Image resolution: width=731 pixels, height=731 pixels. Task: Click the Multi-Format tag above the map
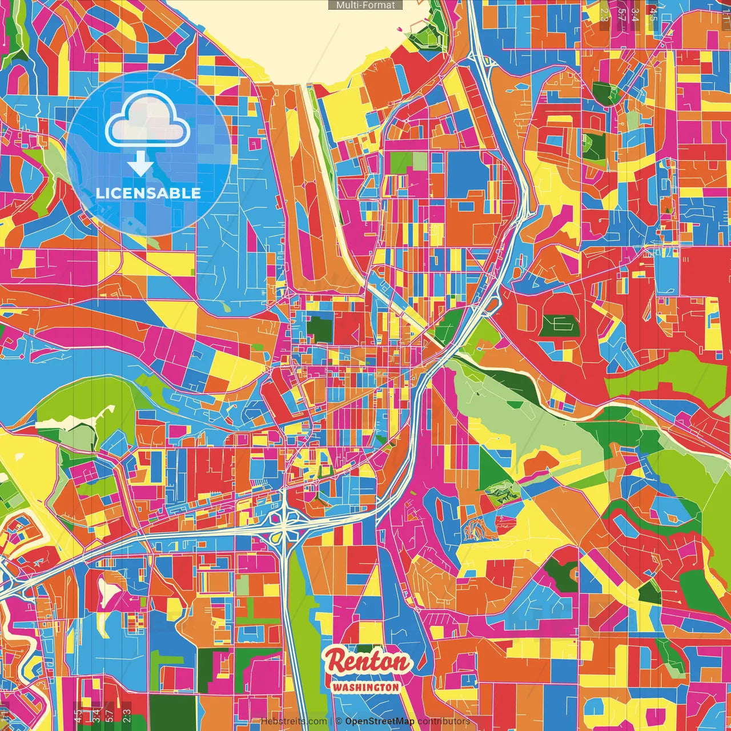pyautogui.click(x=365, y=5)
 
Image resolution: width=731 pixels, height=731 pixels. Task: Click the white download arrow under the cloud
pyautogui.click(x=140, y=164)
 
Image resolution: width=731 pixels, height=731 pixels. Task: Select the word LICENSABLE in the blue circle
pyautogui.click(x=148, y=193)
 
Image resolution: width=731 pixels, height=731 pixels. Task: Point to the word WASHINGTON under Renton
pyautogui.click(x=365, y=687)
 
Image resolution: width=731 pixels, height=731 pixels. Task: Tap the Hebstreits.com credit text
pyautogui.click(x=294, y=721)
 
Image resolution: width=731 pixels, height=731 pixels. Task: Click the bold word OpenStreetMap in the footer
pyautogui.click(x=380, y=721)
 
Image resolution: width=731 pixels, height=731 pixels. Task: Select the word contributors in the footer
pyautogui.click(x=443, y=721)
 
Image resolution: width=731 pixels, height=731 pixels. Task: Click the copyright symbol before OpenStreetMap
pyautogui.click(x=339, y=721)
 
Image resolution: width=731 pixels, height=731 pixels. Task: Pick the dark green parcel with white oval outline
pyautogui.click(x=559, y=326)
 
